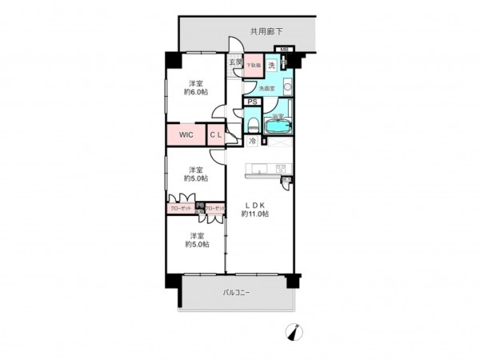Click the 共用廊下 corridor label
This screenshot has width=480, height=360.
click(x=266, y=32)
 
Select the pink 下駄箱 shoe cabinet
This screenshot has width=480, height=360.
click(x=252, y=66)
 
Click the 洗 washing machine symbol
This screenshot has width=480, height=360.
click(x=271, y=64)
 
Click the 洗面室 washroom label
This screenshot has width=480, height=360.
click(x=266, y=88)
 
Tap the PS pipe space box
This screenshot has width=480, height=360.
click(x=252, y=102)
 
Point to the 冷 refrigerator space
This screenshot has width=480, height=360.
click(x=252, y=142)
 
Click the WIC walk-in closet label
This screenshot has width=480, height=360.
click(x=186, y=134)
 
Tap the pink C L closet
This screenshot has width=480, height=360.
click(x=216, y=134)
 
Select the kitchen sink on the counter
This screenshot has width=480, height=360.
click(x=259, y=168)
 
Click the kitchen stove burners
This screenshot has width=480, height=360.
click(x=281, y=168)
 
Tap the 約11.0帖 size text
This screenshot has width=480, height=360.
click(x=256, y=214)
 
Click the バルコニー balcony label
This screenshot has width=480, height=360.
click(x=236, y=293)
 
